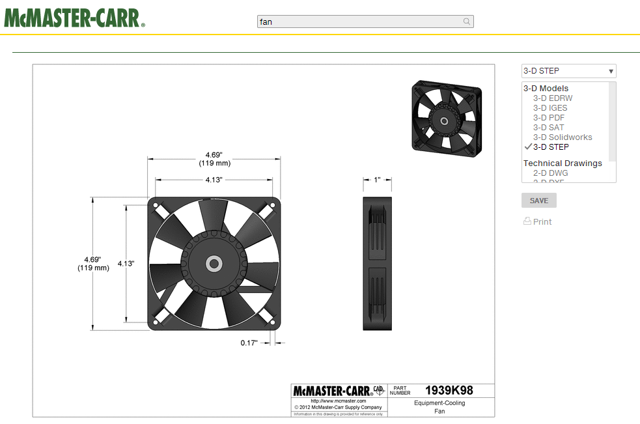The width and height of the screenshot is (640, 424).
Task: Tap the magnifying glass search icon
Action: pos(467,21)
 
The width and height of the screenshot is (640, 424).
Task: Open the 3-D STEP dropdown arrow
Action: pos(611,71)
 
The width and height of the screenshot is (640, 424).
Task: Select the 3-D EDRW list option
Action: pos(553,98)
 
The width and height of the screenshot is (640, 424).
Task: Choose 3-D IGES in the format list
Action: pos(550,108)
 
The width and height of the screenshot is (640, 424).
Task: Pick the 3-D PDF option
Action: pos(549,118)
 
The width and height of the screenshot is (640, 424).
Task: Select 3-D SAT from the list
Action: pos(549,128)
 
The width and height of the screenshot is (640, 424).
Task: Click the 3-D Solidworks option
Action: pos(563,137)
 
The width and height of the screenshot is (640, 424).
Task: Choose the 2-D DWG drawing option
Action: pos(550,173)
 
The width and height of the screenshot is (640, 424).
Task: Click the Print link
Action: pos(542,222)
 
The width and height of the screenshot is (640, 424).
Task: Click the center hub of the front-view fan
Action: pos(214,264)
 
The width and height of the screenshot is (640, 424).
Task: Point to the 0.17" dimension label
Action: pos(249,343)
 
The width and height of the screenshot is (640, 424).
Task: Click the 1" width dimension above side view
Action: pos(377,180)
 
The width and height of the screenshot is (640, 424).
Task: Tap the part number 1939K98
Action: pos(449,391)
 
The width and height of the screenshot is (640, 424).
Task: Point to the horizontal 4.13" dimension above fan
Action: pos(214,180)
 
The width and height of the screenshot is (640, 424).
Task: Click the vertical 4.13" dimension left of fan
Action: pos(126,264)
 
